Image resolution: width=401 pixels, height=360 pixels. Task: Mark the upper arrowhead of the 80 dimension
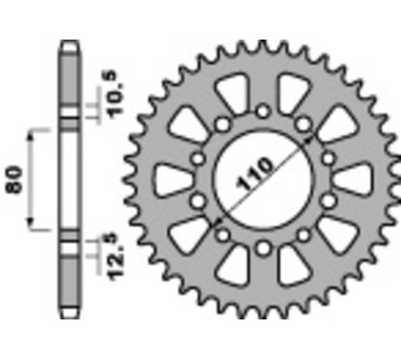(x=35, y=131)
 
